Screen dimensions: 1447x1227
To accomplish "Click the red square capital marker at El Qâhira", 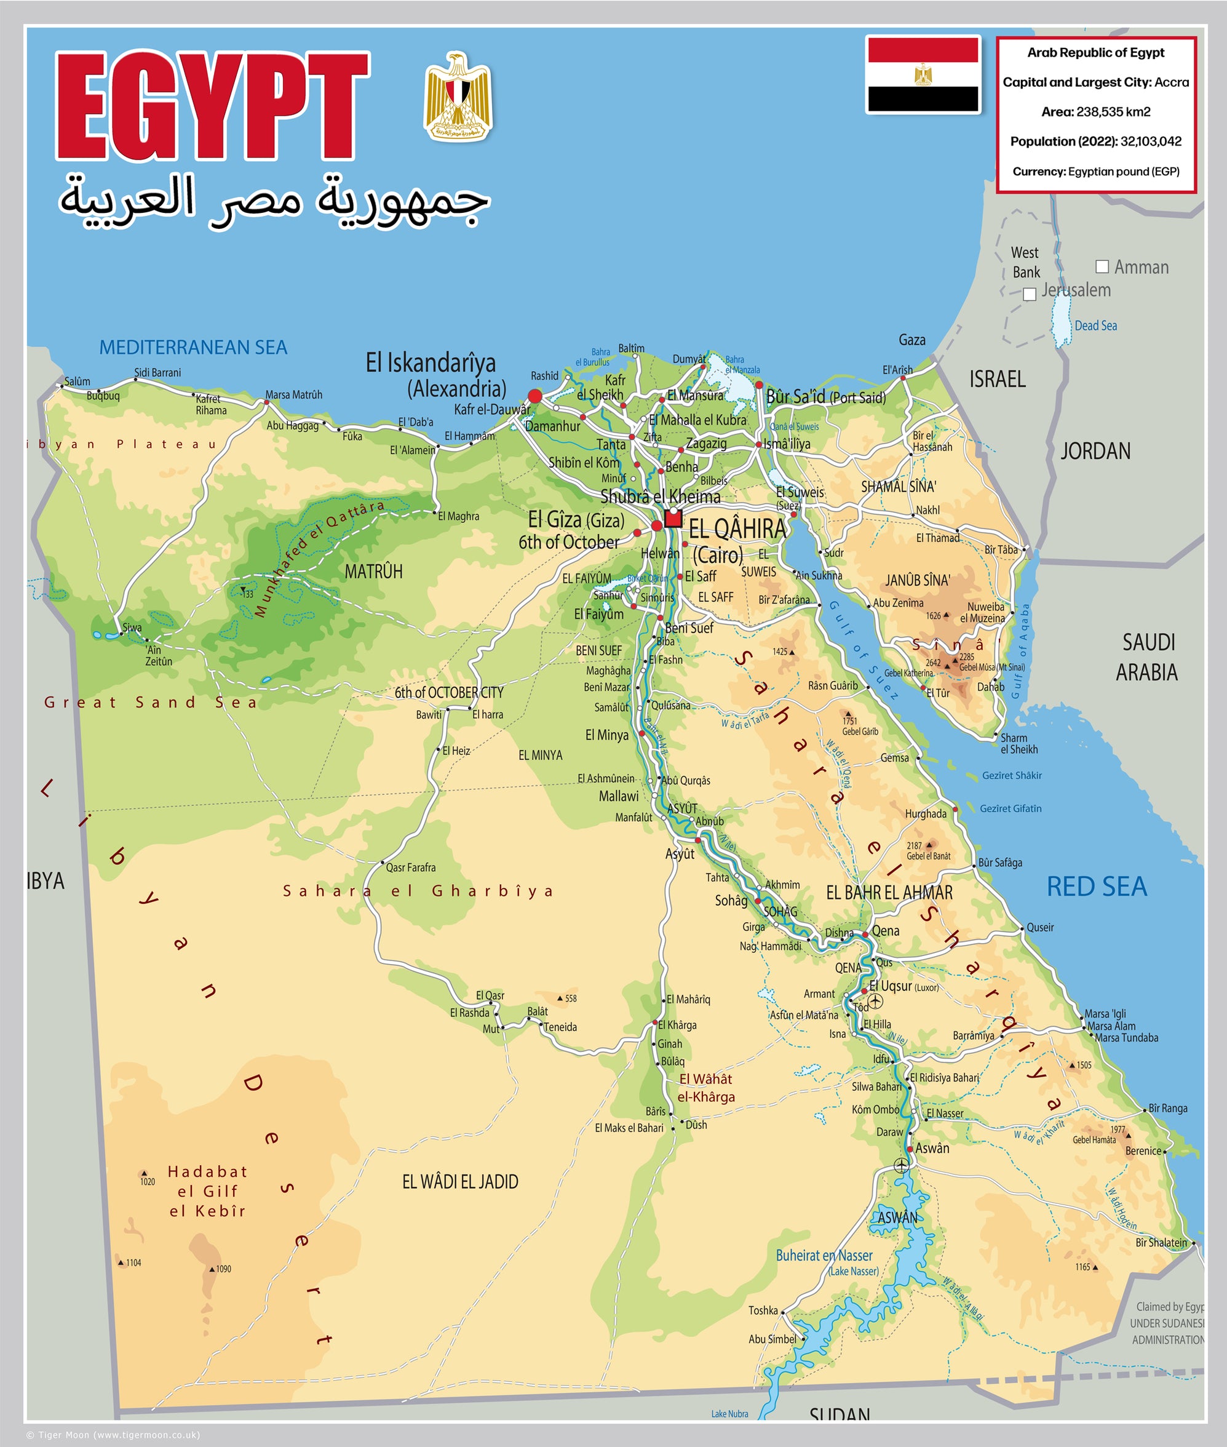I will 673,518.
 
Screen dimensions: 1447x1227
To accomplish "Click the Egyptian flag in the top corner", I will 923,75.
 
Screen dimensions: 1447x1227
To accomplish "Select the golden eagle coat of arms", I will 458,96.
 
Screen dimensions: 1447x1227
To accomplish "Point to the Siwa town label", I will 132,628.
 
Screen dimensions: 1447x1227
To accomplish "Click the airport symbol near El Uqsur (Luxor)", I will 875,1001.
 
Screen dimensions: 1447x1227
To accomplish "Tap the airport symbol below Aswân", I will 902,1165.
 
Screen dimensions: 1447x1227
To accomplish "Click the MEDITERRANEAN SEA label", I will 193,347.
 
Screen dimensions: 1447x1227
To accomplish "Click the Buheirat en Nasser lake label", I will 824,1255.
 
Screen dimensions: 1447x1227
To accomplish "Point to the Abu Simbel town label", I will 772,1339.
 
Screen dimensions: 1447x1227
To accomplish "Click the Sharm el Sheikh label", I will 1019,743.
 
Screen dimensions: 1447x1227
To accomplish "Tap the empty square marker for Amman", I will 1102,266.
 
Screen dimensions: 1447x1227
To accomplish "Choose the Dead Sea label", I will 1095,325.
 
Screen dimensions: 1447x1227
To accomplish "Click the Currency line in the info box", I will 1095,171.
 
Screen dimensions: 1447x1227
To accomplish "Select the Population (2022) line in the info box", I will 1095,142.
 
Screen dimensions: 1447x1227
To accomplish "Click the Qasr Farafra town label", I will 410,867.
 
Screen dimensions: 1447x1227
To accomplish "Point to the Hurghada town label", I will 925,814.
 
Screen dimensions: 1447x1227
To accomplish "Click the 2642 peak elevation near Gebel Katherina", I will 933,663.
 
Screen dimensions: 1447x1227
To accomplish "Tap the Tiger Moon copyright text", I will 113,1435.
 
